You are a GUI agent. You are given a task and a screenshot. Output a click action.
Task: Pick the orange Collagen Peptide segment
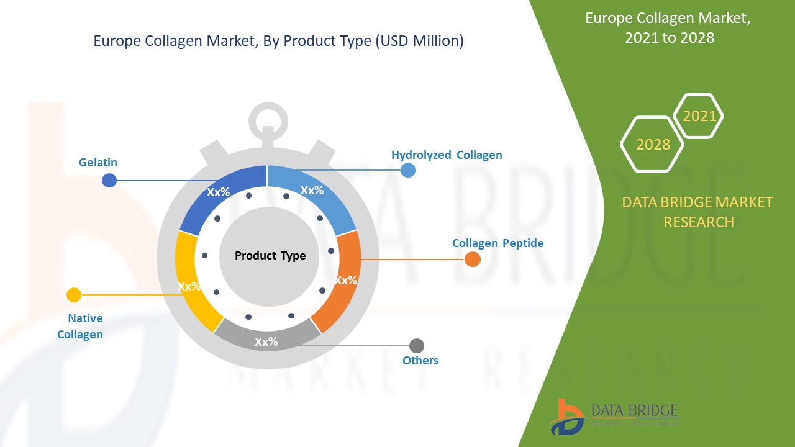[345, 281]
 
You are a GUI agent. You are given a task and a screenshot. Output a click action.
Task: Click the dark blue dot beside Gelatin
[109, 181]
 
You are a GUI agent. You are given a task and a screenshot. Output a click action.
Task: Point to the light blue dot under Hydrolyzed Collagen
[408, 170]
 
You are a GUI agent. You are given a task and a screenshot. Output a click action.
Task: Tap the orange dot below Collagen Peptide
[473, 260]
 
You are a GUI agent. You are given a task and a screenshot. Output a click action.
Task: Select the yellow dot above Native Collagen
[74, 295]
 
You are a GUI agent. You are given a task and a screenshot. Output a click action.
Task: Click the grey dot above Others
[417, 346]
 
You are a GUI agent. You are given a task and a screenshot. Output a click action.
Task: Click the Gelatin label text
[98, 163]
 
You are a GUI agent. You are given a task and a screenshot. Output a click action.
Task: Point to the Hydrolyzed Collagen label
[447, 155]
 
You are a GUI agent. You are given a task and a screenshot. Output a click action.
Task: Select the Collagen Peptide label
[497, 243]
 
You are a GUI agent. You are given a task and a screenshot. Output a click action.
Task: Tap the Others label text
[420, 361]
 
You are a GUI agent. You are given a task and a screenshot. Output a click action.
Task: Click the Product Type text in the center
[270, 256]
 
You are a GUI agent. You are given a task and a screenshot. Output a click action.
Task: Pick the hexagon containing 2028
[653, 144]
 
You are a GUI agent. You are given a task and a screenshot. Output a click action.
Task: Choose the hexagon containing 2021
[699, 116]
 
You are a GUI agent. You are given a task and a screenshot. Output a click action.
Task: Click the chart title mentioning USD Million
[278, 42]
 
